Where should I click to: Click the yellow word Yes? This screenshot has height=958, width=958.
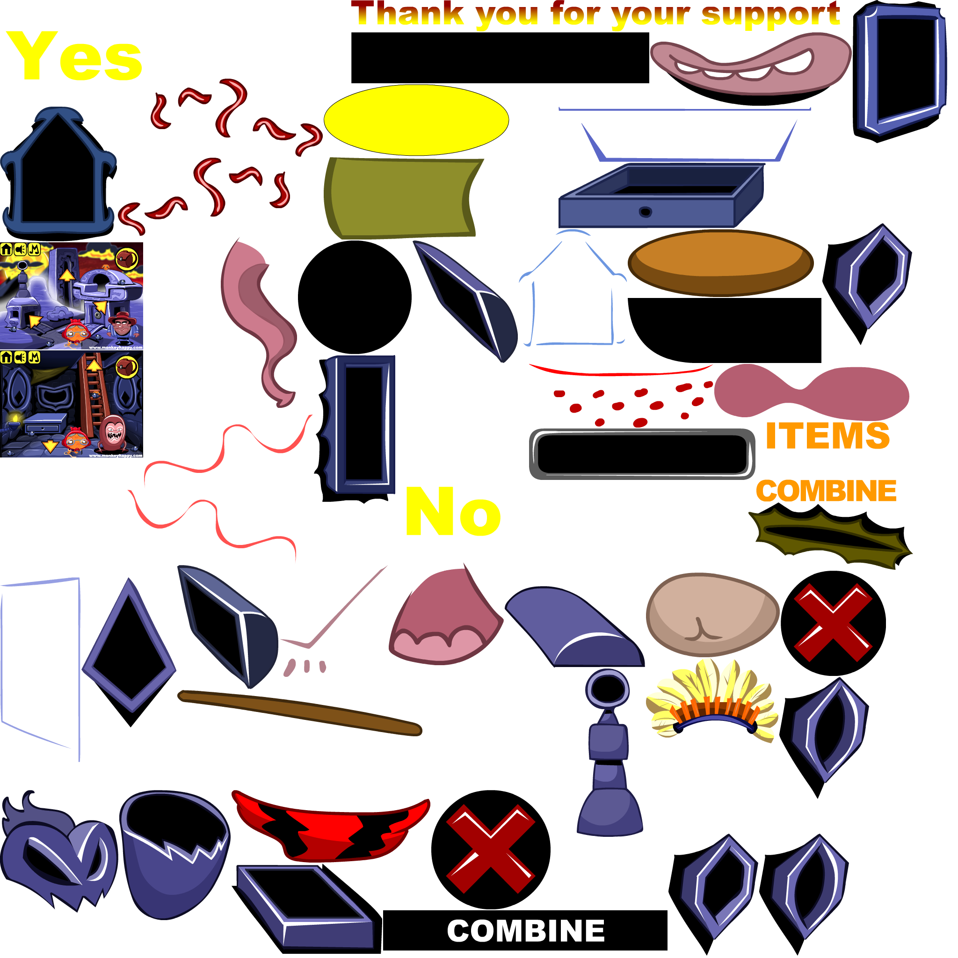(x=74, y=56)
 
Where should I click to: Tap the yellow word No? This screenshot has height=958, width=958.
(x=453, y=512)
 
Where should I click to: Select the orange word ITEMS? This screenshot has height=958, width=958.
(x=827, y=436)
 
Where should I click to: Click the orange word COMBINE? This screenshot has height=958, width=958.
(x=826, y=491)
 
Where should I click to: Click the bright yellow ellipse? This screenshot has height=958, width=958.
(x=416, y=120)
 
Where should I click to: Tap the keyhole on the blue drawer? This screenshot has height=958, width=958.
(x=645, y=212)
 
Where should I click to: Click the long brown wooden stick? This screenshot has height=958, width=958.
(x=300, y=712)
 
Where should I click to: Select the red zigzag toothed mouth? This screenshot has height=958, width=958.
(x=330, y=826)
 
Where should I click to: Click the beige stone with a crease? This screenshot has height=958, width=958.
(x=712, y=614)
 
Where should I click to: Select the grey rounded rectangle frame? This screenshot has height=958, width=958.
(x=642, y=454)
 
